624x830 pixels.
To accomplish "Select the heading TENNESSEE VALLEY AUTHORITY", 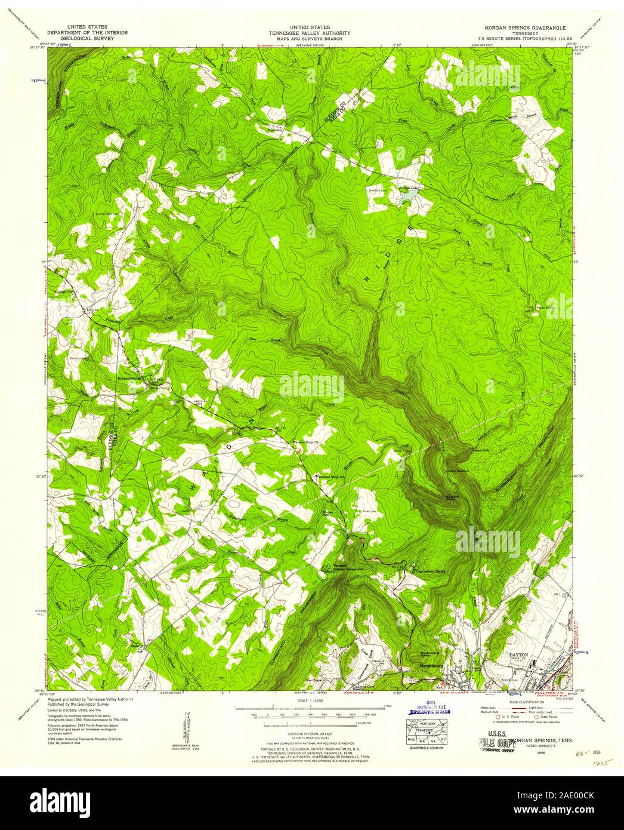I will point(311,33).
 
